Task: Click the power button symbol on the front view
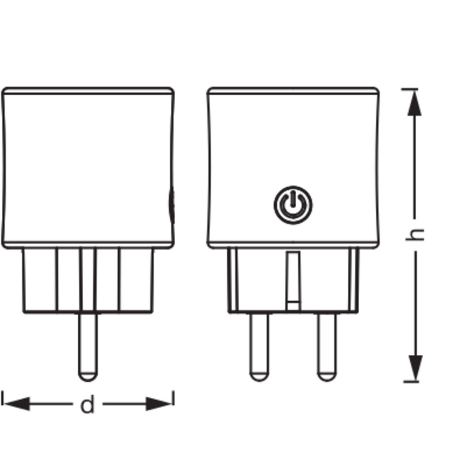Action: click(x=293, y=205)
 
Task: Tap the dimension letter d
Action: click(x=87, y=405)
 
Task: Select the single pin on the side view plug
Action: click(x=87, y=345)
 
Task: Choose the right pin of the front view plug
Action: click(x=327, y=345)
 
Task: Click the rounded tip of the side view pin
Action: click(x=87, y=375)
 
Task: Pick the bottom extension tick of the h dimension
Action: click(x=411, y=381)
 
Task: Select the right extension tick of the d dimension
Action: click(x=173, y=398)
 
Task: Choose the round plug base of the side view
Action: click(x=87, y=281)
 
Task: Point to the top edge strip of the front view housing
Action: click(x=293, y=91)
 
